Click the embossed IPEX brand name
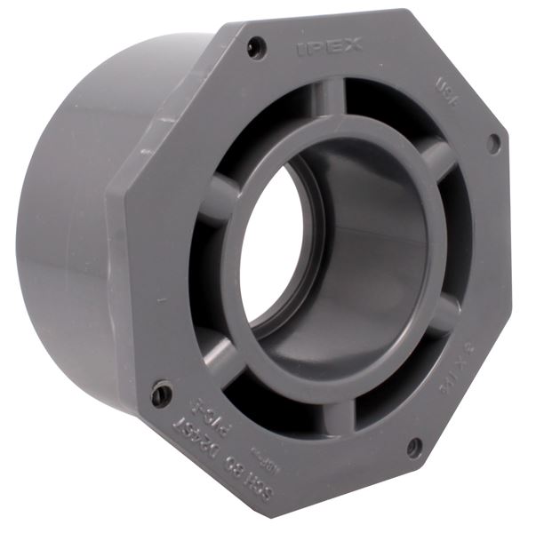coord(329,46)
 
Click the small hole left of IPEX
coord(256,47)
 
